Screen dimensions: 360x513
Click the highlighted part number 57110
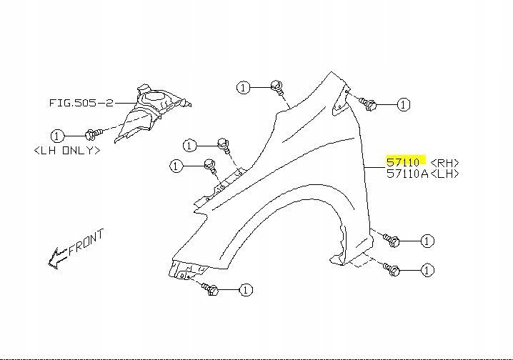coord(404,162)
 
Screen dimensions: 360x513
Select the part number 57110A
coord(407,174)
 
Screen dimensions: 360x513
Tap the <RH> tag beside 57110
coord(445,163)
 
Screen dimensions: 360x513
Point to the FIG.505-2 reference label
coord(81,103)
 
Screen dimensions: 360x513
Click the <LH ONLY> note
coord(66,151)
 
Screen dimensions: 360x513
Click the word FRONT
coord(86,242)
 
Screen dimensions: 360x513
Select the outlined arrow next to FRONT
coord(56,258)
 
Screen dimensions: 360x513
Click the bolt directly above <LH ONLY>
coord(91,134)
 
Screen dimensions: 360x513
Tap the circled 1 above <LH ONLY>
coord(57,135)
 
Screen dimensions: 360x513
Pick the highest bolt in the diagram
coord(278,87)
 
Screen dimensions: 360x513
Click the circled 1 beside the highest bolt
coord(244,87)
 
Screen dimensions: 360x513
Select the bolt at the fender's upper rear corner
coord(369,104)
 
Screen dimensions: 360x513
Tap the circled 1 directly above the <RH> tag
coord(404,104)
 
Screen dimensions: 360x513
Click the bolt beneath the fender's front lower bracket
coord(211,289)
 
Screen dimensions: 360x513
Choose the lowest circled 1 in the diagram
coord(245,290)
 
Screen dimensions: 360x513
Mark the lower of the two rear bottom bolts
coord(392,270)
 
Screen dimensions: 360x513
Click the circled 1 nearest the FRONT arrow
coord(57,135)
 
